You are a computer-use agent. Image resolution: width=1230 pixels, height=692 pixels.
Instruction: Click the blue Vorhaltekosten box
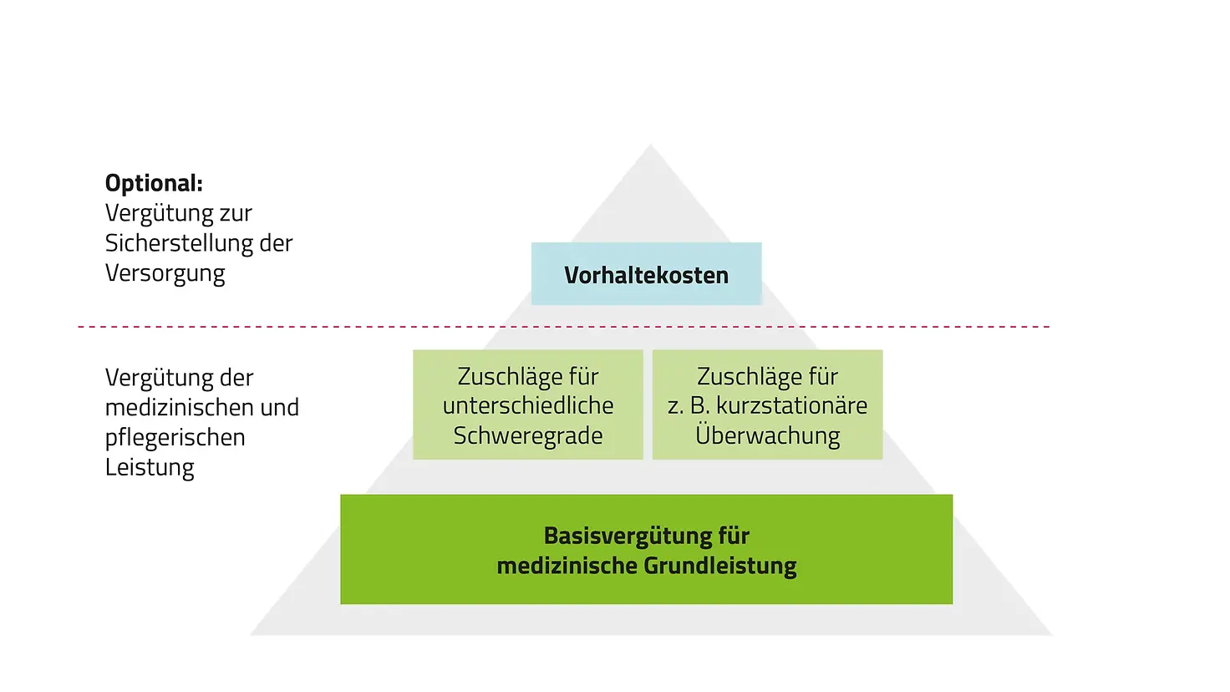[646, 274]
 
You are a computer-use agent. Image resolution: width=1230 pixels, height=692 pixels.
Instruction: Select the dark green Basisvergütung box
[646, 549]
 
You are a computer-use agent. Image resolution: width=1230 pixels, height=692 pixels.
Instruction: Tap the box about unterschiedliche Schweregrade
[527, 405]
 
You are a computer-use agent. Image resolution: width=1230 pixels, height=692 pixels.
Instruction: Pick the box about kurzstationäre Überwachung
[767, 405]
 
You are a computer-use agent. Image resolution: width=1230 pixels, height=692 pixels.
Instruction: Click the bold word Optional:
[154, 183]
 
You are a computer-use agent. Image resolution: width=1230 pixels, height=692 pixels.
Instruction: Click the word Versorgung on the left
[165, 273]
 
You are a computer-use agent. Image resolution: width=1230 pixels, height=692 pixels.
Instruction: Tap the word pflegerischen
[175, 437]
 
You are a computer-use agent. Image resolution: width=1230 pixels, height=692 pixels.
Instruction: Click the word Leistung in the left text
[150, 467]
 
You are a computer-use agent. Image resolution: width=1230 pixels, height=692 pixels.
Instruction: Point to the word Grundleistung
[721, 566]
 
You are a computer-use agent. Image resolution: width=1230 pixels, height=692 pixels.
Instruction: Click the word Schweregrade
[527, 435]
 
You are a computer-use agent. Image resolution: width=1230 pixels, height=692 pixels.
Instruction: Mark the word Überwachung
[767, 435]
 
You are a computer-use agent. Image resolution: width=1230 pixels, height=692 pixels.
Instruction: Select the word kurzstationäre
[791, 405]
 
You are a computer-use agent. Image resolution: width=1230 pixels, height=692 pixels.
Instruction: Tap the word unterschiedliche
[527, 405]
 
